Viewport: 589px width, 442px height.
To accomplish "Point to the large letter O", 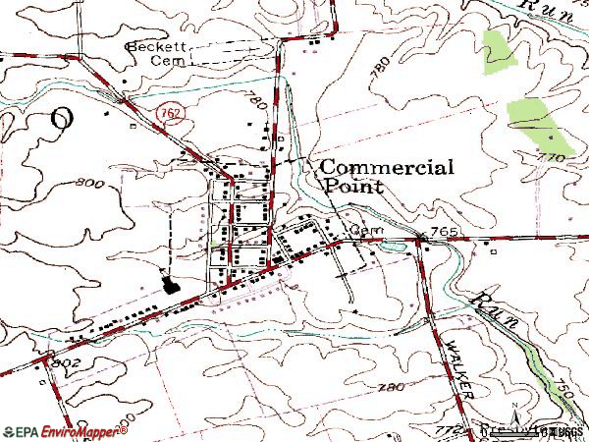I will (x=61, y=119).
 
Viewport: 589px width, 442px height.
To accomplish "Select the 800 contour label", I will (x=87, y=184).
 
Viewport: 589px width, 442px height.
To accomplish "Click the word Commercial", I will (x=387, y=168).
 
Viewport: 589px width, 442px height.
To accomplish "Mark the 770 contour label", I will (x=552, y=157).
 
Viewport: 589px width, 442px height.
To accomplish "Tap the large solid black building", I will (x=173, y=287).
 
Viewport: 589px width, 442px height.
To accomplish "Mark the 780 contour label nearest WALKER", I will (x=390, y=389).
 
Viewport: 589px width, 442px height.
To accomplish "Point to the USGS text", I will (x=567, y=431).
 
